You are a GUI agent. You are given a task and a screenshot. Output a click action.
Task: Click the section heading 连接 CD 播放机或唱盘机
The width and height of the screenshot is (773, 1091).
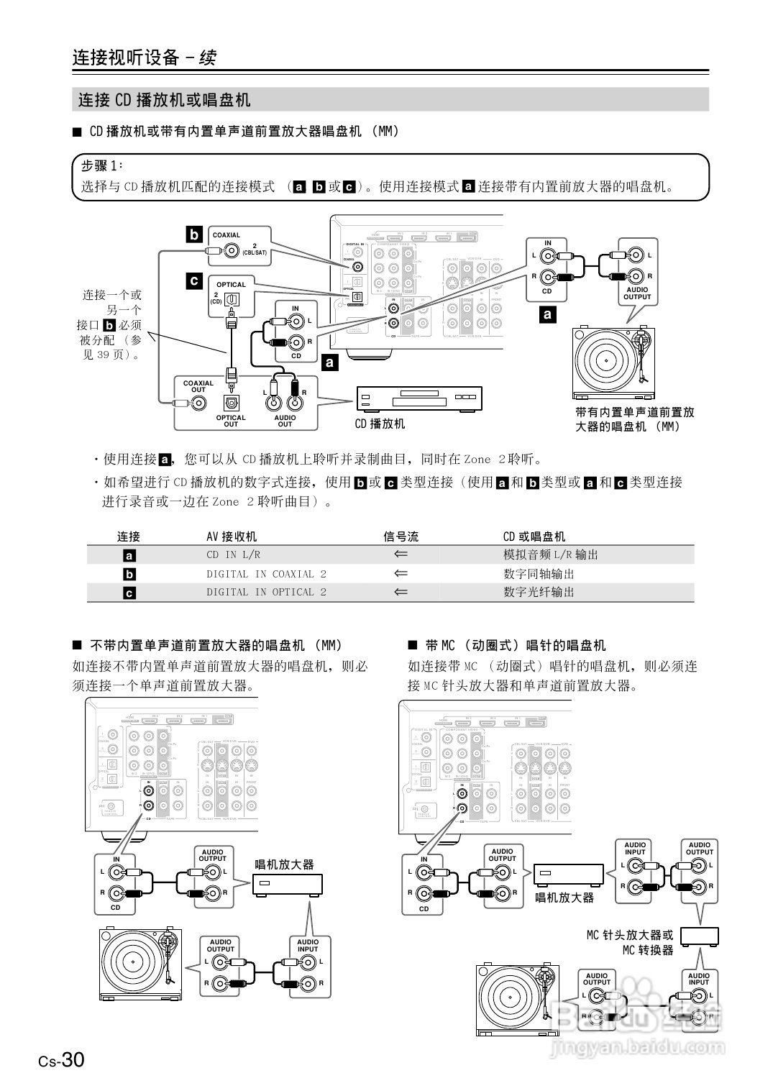click(164, 100)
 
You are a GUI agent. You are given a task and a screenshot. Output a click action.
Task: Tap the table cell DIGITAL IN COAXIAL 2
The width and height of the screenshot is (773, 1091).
click(266, 574)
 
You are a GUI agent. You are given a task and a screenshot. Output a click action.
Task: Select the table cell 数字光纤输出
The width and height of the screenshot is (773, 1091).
click(539, 592)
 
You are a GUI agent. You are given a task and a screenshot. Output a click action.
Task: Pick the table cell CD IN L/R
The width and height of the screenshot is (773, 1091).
click(233, 554)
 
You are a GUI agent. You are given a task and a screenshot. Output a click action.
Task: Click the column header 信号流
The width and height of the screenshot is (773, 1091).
click(401, 537)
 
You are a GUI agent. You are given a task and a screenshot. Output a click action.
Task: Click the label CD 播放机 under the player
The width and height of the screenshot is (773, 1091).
click(380, 424)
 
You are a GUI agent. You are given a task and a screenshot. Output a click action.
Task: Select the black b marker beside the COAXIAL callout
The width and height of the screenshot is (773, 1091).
click(194, 234)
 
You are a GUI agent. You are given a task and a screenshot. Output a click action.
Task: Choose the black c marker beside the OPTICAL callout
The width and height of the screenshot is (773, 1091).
click(194, 281)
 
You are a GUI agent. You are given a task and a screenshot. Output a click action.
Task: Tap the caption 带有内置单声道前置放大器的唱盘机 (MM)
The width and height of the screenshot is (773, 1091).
click(634, 419)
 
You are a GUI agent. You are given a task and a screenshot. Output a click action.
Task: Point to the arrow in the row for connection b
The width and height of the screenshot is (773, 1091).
click(401, 574)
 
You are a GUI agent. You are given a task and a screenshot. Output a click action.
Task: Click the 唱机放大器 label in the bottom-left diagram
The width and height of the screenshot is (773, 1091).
click(285, 864)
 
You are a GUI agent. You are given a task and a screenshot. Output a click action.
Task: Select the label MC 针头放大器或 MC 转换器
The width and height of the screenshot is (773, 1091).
click(630, 942)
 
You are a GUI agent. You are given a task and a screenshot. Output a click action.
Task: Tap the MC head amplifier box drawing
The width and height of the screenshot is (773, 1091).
click(699, 936)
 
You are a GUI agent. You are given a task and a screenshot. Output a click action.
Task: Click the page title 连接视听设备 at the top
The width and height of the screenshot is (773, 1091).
click(125, 58)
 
